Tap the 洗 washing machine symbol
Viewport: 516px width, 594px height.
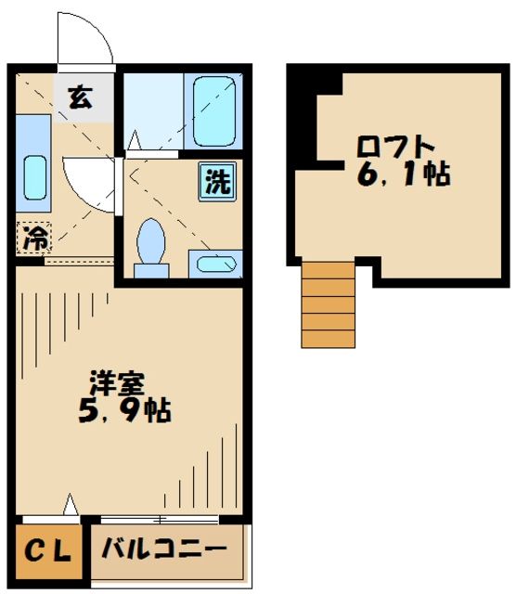point(216,180)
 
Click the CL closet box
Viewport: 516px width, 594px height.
point(47,552)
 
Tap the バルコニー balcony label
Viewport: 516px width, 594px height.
point(163,549)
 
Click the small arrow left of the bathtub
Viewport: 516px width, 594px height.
point(134,140)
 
